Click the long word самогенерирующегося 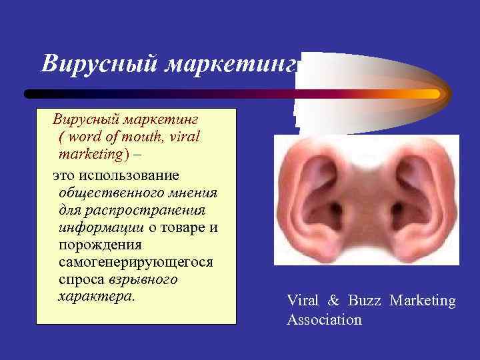136,262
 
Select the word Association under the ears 324,320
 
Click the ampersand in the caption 332,301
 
